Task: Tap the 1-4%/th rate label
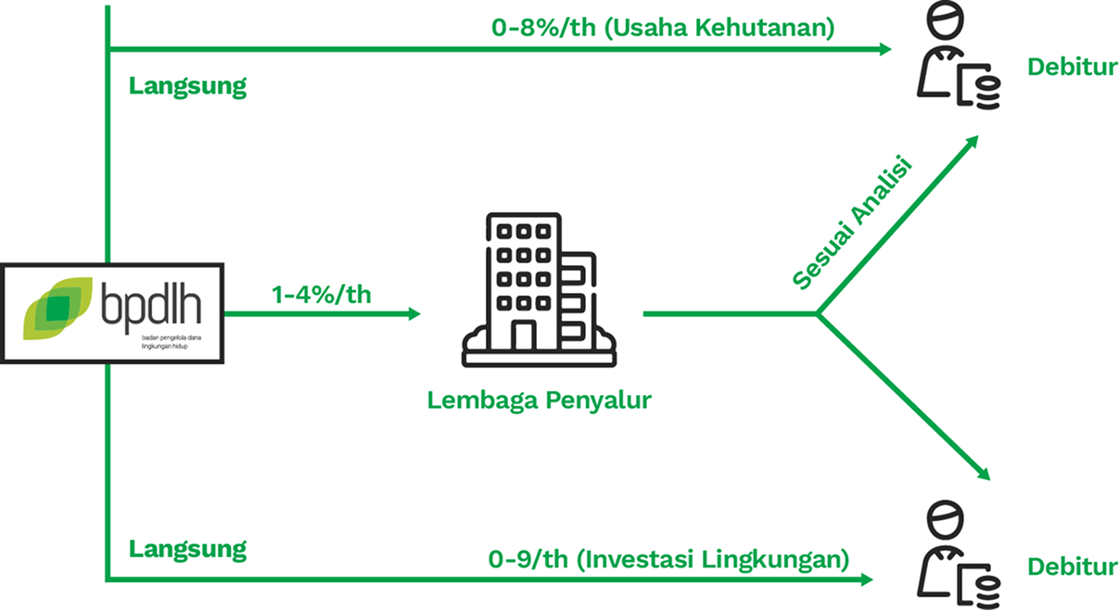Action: tap(321, 295)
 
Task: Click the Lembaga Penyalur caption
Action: tap(539, 401)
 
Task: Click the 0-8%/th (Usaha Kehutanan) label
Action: tap(663, 27)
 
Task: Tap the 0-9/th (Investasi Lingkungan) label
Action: tap(668, 559)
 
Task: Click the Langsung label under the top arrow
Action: tap(187, 87)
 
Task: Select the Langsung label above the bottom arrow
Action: tap(187, 548)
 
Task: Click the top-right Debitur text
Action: tap(1072, 68)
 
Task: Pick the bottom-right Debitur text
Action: tap(1072, 566)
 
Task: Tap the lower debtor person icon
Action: tap(946, 554)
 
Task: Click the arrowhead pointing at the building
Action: tap(413, 313)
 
